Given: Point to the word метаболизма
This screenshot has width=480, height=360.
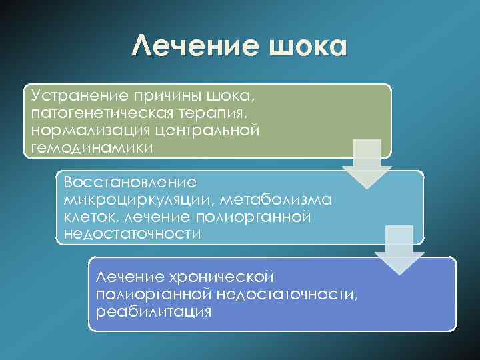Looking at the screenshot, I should pyautogui.click(x=290, y=199).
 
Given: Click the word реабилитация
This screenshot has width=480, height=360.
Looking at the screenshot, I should pyautogui.click(x=154, y=311).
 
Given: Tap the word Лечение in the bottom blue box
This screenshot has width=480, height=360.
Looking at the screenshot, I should pyautogui.click(x=131, y=276).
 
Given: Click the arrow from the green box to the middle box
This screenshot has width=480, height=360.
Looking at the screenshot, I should pyautogui.click(x=366, y=163).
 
